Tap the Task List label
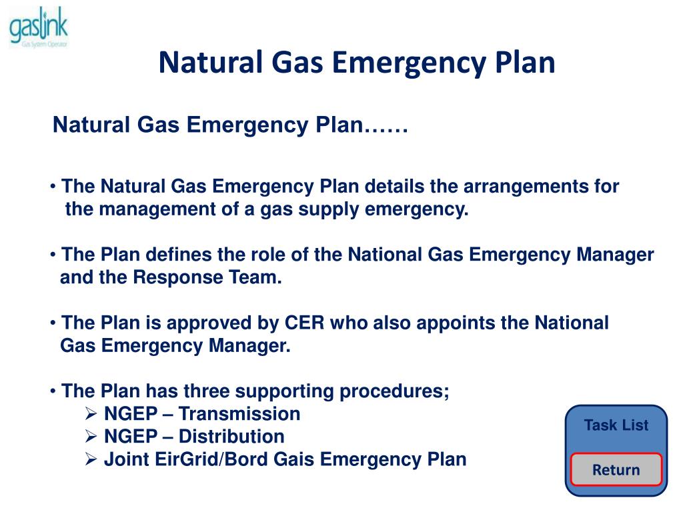pyautogui.click(x=616, y=425)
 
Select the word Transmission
pyautogui.click(x=239, y=414)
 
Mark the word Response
pyautogui.click(x=175, y=278)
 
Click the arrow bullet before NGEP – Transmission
pyautogui.click(x=92, y=414)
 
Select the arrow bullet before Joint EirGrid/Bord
pyautogui.click(x=92, y=460)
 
